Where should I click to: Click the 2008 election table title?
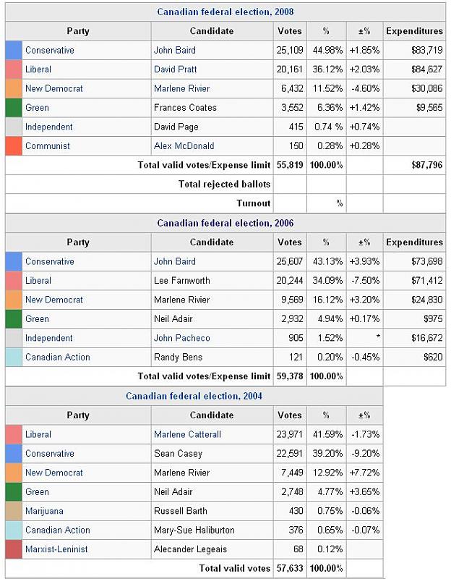pos(225,12)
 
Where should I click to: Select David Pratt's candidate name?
pos(175,69)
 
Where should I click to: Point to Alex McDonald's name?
pos(184,146)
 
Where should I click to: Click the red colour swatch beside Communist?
pos(14,146)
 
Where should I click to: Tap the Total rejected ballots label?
pos(224,184)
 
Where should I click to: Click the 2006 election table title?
pos(225,223)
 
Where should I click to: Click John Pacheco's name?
pos(181,338)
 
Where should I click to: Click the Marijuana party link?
pos(44,511)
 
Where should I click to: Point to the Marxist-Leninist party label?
pos(56,549)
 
